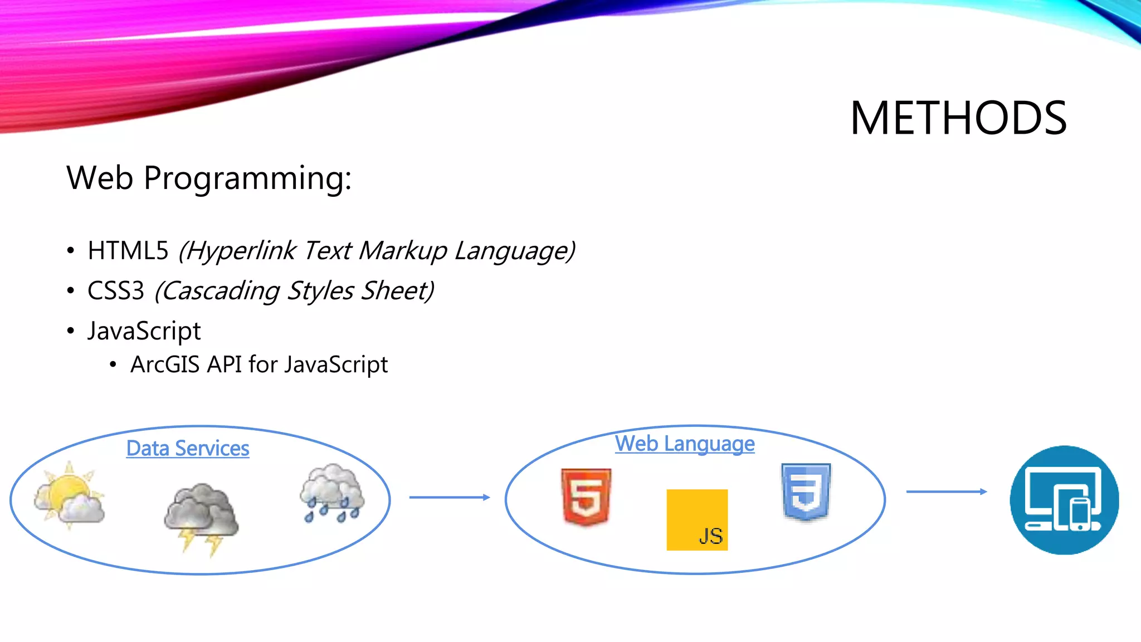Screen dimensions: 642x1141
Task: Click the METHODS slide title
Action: click(958, 118)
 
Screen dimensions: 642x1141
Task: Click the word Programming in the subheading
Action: click(248, 178)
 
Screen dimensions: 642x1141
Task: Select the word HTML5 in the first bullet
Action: click(128, 251)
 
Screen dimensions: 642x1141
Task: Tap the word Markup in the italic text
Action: click(402, 251)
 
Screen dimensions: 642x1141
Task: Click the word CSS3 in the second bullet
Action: click(116, 291)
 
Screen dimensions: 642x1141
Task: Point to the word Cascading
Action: click(221, 291)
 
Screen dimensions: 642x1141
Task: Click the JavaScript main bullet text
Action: click(144, 331)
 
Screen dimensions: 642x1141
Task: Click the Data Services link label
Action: click(188, 449)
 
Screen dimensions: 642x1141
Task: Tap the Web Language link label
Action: click(685, 444)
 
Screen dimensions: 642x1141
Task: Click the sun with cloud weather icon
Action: click(69, 495)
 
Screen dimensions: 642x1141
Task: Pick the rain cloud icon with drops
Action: click(332, 493)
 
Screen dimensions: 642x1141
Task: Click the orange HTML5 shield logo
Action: click(586, 497)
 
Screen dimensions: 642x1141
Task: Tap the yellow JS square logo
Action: click(697, 520)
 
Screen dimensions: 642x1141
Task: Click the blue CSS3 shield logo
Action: click(806, 492)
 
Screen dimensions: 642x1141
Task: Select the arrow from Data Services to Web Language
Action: click(449, 497)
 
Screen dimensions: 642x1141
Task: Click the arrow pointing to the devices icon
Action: click(946, 492)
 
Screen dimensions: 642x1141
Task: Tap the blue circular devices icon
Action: click(1064, 500)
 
